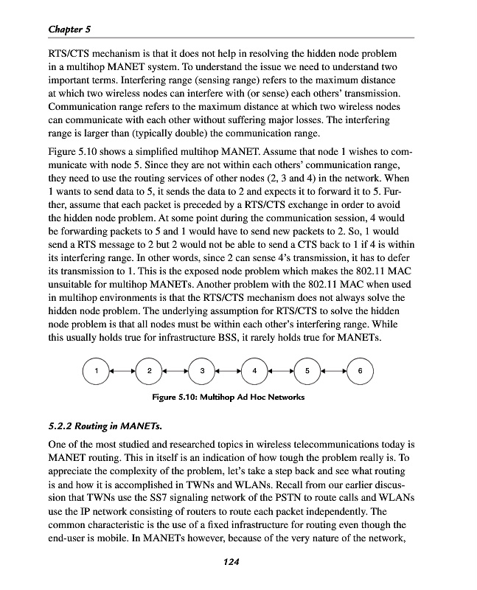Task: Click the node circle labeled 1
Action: coord(96,371)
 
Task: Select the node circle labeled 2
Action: coord(149,371)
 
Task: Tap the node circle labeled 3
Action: coord(201,371)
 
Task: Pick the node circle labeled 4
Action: coord(254,371)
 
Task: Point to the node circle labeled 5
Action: coord(307,371)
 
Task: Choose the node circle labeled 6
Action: coord(359,371)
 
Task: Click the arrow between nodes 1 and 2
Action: coord(122,371)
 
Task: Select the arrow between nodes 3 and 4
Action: coord(228,371)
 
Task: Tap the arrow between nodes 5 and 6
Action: coord(333,371)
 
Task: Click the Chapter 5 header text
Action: coord(69,29)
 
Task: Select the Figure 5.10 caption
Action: coord(228,397)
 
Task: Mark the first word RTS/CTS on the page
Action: coord(71,55)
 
